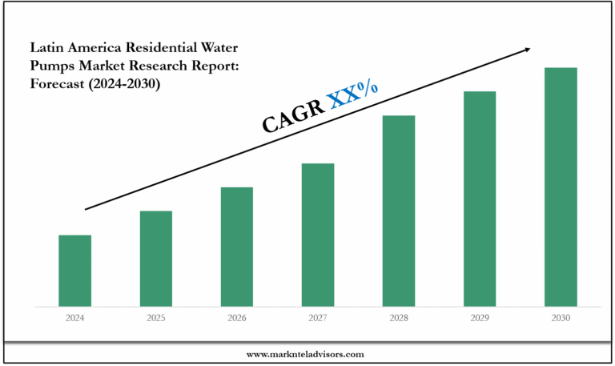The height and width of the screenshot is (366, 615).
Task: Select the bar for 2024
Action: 74,271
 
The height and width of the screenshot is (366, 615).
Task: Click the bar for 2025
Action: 156,259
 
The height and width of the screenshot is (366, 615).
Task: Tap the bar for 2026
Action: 237,247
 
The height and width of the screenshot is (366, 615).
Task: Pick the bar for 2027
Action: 318,235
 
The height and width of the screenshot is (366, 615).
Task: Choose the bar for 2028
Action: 399,211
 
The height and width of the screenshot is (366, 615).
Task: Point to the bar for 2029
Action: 480,199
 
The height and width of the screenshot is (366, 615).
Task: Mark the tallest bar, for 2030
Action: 561,187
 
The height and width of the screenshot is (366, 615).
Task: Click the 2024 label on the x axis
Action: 74,318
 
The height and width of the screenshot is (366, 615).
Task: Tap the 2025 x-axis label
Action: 156,318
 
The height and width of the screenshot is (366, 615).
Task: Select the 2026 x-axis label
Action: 237,318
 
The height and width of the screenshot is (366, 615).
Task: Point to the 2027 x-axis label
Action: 318,318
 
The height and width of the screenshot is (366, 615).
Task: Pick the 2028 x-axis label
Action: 399,318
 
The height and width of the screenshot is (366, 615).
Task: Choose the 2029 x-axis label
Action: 480,318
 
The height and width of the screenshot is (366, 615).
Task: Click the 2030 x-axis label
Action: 561,318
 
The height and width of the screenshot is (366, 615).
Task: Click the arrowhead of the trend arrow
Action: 526,50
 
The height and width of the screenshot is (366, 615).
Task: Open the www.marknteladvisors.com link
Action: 305,354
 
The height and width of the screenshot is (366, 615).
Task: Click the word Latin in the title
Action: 46,47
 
